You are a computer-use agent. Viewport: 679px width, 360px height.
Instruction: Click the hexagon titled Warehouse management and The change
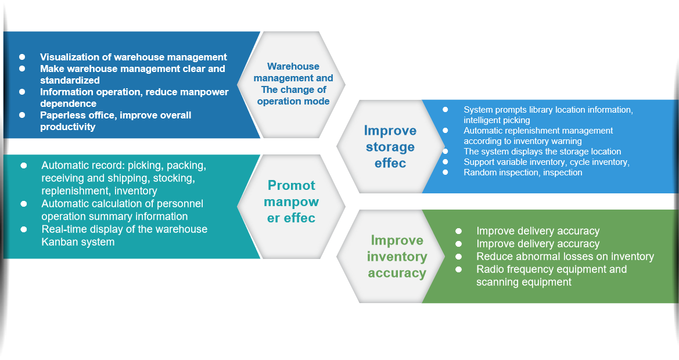pyautogui.click(x=293, y=84)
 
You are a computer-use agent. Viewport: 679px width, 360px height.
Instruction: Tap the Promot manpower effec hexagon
pyautogui.click(x=291, y=201)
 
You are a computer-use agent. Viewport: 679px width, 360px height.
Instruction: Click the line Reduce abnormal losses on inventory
pyautogui.click(x=565, y=257)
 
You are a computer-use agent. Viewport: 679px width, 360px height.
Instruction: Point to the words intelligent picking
pyautogui.click(x=497, y=120)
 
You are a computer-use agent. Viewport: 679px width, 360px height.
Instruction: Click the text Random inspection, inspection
pyautogui.click(x=522, y=172)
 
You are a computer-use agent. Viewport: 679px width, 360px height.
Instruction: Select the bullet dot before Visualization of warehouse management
pyautogui.click(x=22, y=57)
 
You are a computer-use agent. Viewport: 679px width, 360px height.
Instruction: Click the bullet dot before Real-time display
pyautogui.click(x=24, y=229)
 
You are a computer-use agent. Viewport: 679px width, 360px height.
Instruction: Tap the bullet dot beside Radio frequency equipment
pyautogui.click(x=458, y=269)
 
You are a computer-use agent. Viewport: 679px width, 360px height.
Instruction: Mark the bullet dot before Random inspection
pyautogui.click(x=445, y=172)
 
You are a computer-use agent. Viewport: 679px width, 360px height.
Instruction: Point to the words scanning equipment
pyautogui.click(x=523, y=282)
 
